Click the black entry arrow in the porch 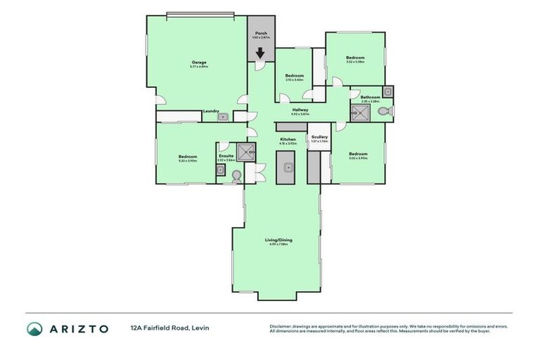click(x=260, y=53)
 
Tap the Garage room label click(x=200, y=63)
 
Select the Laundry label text click(x=209, y=111)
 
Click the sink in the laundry click(x=221, y=117)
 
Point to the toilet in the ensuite click(x=237, y=176)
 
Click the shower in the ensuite click(x=245, y=151)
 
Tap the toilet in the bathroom click(x=382, y=110)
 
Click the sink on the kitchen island click(x=288, y=168)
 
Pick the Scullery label click(x=319, y=137)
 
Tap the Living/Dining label click(x=278, y=240)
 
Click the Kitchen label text click(x=288, y=140)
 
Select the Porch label click(x=260, y=33)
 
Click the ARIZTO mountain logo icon click(x=34, y=329)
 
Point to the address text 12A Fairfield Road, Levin click(x=169, y=328)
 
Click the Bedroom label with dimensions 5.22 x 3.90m click(x=188, y=157)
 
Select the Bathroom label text click(x=371, y=97)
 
